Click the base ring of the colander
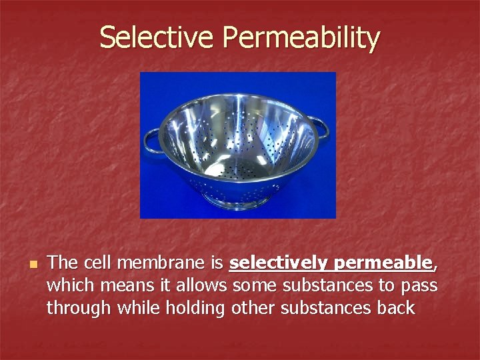pyautogui.click(x=237, y=199)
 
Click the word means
pyautogui.click(x=123, y=286)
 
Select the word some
pyautogui.click(x=252, y=286)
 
